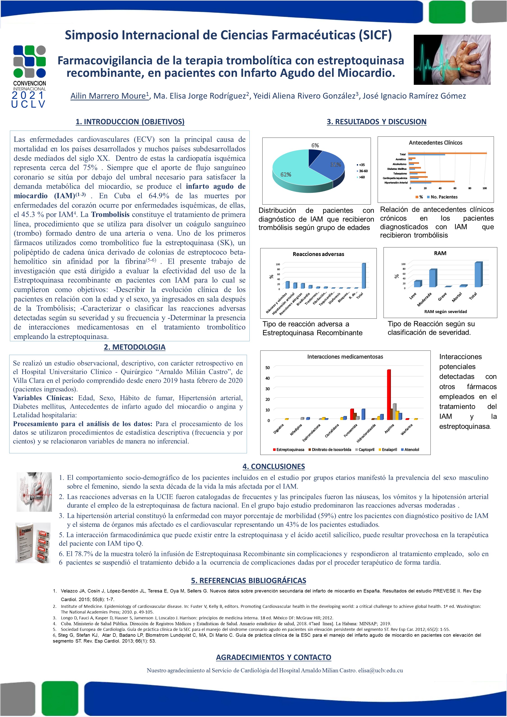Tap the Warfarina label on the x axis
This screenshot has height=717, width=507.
coord(407,430)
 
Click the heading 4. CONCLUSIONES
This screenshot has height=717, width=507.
coord(274,466)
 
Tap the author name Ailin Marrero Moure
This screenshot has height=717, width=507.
coord(108,96)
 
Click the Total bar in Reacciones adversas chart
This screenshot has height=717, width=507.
coord(363,276)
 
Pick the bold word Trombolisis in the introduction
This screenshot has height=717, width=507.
coord(110,214)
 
